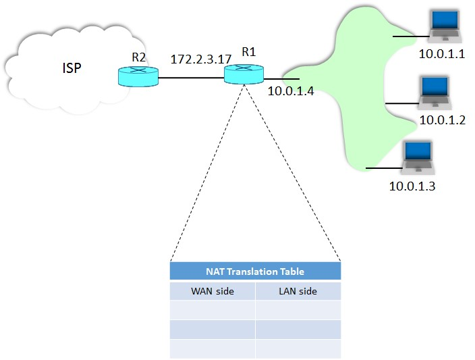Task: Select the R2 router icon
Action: point(138,77)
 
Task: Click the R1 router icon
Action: point(244,74)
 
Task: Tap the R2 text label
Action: point(139,57)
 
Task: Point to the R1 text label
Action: point(249,51)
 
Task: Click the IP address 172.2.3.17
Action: point(201,60)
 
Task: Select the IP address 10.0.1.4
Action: point(291,91)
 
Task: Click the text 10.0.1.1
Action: point(443,54)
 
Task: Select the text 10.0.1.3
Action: point(412,186)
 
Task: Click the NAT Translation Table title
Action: point(254,272)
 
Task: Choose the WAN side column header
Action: point(212,292)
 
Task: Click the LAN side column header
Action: point(298,292)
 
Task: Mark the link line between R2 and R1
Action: point(191,78)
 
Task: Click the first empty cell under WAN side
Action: point(212,310)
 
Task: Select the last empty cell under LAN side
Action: point(298,349)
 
